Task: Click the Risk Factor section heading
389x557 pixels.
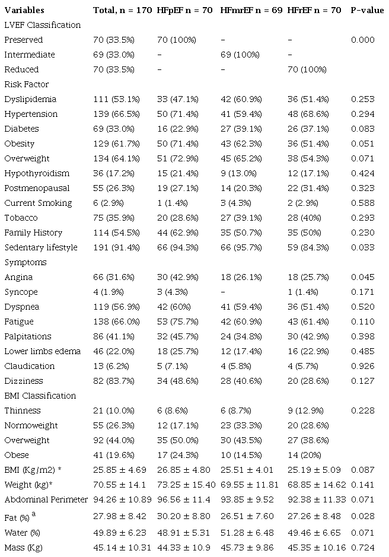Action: click(x=26, y=84)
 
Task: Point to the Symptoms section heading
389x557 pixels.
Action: click(x=25, y=262)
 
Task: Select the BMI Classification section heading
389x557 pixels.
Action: click(x=40, y=396)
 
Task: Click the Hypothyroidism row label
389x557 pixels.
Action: click(x=37, y=173)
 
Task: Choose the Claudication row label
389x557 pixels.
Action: click(x=30, y=366)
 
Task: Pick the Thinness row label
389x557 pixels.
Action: click(x=23, y=410)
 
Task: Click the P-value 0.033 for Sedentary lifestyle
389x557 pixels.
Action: click(x=362, y=247)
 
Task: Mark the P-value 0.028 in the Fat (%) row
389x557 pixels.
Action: click(x=362, y=515)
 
